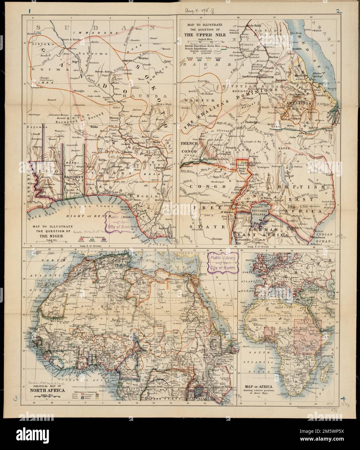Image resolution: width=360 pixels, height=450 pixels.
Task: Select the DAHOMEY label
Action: (74, 177)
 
